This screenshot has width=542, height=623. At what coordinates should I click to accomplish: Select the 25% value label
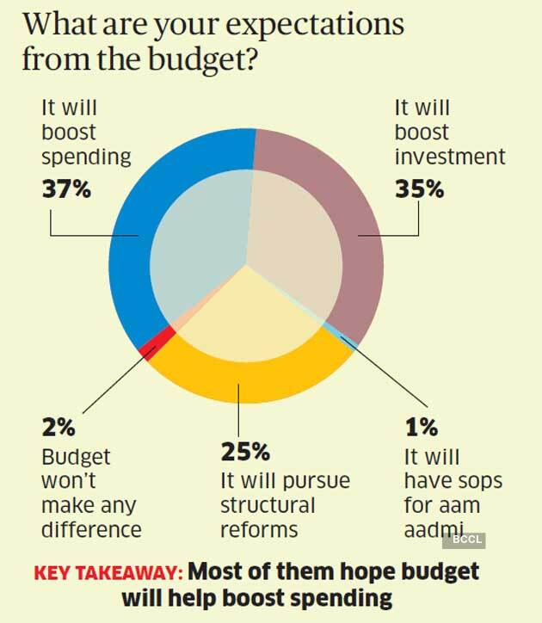pos(246,451)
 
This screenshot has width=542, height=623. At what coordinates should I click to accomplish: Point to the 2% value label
pos(57,427)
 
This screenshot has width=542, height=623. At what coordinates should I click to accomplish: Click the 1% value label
pos(422,427)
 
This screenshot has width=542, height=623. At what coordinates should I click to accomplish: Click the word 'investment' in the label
pos(450,157)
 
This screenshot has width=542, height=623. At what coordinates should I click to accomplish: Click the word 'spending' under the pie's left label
pos(86,157)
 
